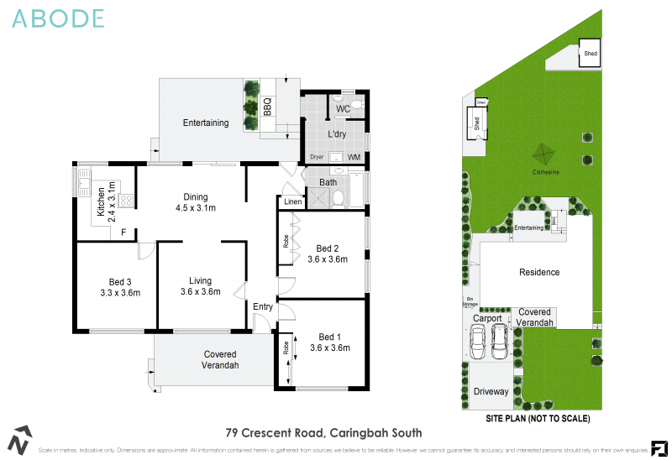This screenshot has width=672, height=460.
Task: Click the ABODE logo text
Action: tap(59, 18)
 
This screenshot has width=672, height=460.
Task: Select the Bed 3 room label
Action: tap(120, 281)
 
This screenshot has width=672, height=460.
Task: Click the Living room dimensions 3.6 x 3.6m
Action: tap(200, 292)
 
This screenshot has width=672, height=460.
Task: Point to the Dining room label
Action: tap(196, 197)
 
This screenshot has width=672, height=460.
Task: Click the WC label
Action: tap(343, 109)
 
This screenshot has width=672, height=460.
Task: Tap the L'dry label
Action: tap(338, 134)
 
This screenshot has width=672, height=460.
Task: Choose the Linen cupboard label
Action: tap(292, 202)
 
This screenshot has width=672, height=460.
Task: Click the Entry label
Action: tap(263, 307)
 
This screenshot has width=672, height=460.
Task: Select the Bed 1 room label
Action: tap(329, 336)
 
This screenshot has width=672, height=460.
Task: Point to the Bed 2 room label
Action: tap(327, 248)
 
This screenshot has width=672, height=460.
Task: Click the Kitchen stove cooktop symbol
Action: tap(127, 200)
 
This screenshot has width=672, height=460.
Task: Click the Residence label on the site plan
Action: tap(539, 272)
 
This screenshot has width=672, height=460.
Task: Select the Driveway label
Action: tap(491, 391)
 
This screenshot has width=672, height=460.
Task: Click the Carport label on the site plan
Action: tap(487, 319)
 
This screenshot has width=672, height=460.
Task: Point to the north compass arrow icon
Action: tap(20, 439)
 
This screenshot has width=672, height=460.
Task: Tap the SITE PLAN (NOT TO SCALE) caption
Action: tap(538, 417)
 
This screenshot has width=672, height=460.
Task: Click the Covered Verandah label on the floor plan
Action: tap(220, 360)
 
